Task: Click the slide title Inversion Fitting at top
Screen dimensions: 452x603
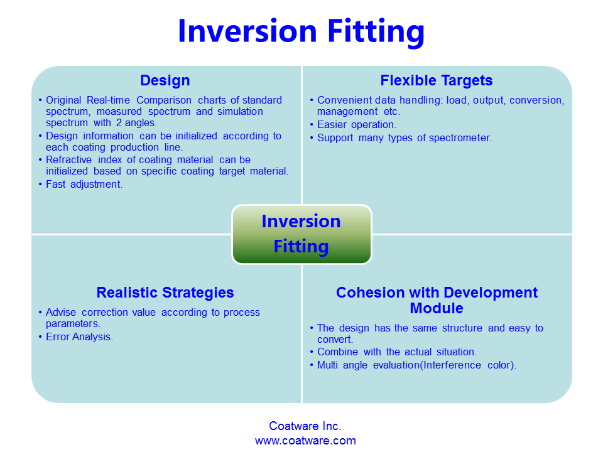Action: pos(301,31)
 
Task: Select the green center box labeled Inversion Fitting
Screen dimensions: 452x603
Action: pos(301,234)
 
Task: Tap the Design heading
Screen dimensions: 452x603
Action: pos(165,80)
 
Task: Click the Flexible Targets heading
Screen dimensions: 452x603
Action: pos(436,80)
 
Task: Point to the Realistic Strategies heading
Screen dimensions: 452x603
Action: pos(165,293)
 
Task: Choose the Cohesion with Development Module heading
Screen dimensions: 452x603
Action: pos(437,300)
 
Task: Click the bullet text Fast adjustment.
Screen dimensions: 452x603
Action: pos(84,184)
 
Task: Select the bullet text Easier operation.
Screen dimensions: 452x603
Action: pos(357,124)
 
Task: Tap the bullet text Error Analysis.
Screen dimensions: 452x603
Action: pos(79,336)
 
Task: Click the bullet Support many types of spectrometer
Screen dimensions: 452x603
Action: pos(405,137)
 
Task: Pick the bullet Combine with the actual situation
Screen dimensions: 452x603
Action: pos(397,352)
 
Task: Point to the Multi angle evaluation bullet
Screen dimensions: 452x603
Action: pos(416,365)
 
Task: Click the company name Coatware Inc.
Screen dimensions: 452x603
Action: pos(305,426)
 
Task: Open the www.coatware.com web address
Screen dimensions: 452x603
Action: pos(305,441)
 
